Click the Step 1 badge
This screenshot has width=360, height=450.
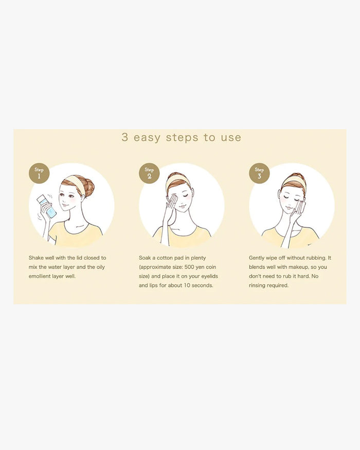(39, 173)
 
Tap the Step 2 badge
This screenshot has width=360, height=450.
(149, 173)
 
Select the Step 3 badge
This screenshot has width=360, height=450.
(259, 173)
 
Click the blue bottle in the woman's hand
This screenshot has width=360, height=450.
(47, 206)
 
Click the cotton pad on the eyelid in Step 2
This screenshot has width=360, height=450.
(173, 198)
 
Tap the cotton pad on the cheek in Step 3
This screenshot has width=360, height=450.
(301, 207)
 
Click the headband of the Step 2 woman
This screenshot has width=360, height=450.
(175, 181)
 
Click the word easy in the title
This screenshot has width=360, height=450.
(147, 138)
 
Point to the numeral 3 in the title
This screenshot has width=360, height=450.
(124, 137)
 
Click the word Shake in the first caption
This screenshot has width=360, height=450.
(35, 258)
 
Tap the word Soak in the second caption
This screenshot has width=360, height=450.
(145, 258)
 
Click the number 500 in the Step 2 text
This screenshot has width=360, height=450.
(189, 267)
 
